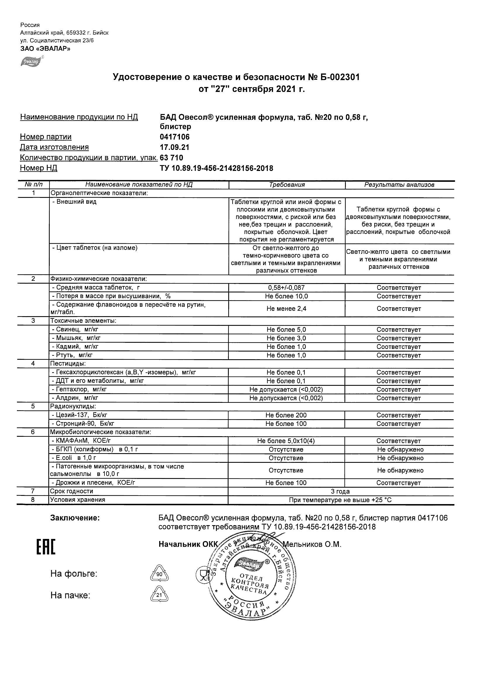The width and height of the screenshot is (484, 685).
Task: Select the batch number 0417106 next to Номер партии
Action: click(175, 137)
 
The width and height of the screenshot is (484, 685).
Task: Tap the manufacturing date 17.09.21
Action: click(174, 147)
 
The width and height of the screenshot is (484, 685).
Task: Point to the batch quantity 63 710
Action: click(171, 158)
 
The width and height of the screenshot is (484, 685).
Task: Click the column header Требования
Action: click(287, 185)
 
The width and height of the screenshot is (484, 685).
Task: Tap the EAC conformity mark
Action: click(46, 548)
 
